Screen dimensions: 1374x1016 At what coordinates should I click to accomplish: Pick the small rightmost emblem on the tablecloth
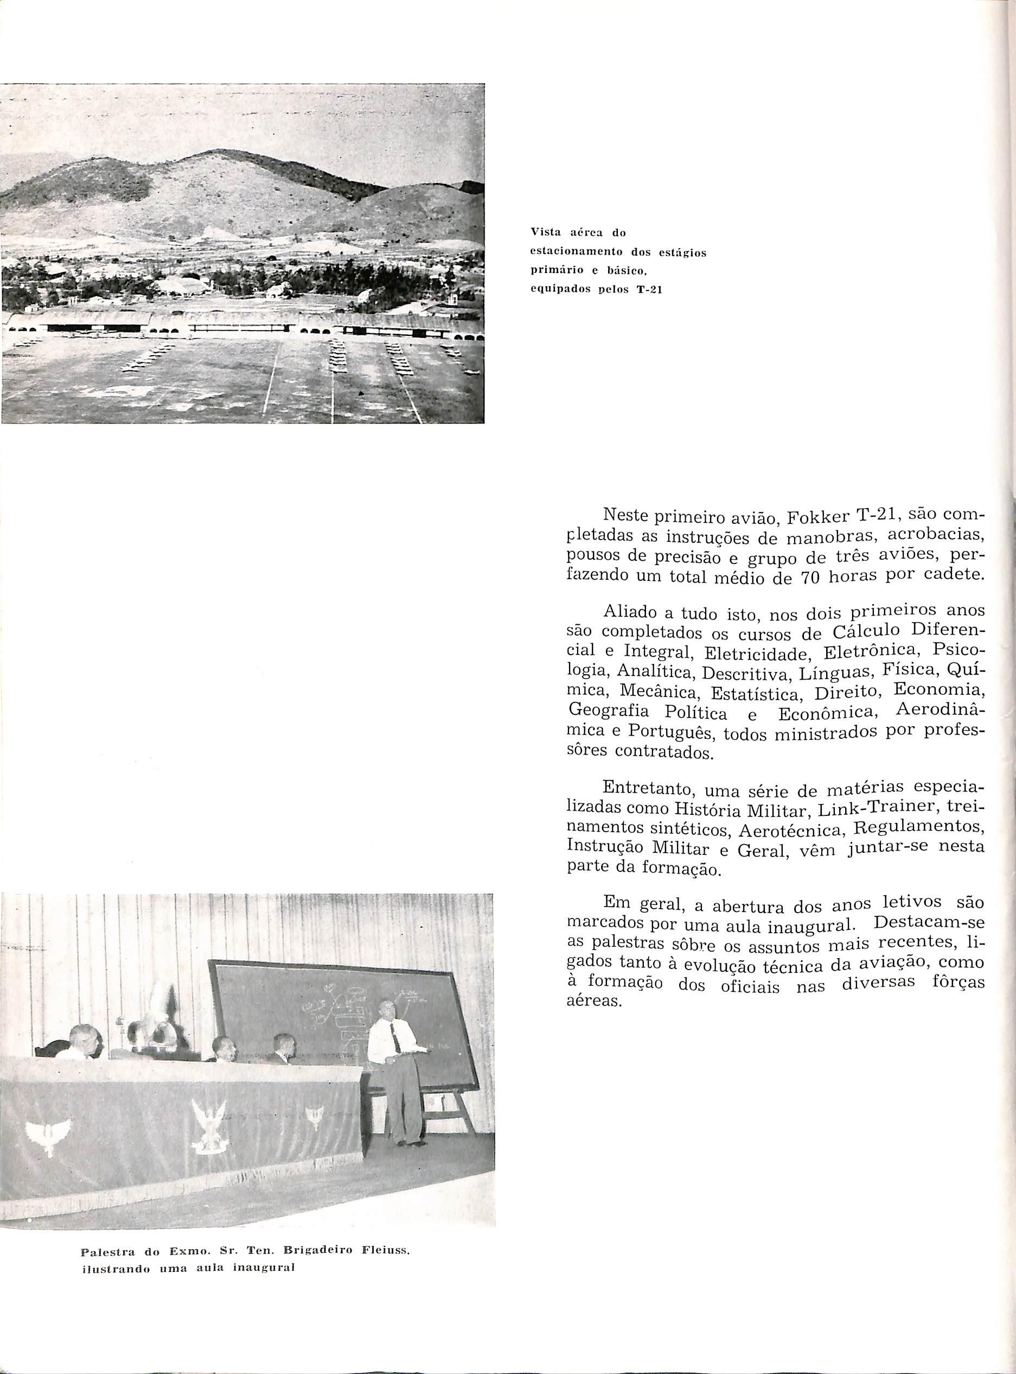[315, 1115]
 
